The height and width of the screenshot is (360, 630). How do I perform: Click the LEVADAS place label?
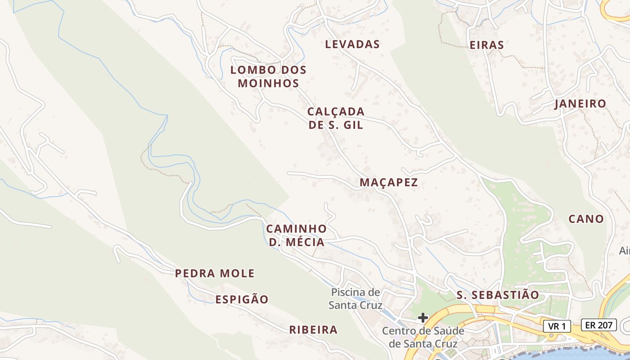tap(352, 44)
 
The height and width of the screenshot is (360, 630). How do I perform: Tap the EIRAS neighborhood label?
tap(486, 45)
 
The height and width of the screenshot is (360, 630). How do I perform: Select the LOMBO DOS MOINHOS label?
tap(268, 76)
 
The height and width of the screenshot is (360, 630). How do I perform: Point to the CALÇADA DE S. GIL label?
tap(336, 118)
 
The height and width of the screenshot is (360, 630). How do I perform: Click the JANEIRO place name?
tap(580, 103)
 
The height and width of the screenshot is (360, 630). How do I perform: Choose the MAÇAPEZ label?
tap(389, 182)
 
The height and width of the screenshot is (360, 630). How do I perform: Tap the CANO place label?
tap(586, 219)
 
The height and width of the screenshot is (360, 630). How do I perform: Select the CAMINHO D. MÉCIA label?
tap(296, 235)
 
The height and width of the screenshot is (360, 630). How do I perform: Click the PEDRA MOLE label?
tap(215, 273)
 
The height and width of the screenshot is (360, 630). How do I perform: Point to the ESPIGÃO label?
tap(242, 300)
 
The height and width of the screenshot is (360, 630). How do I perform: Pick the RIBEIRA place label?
tap(313, 330)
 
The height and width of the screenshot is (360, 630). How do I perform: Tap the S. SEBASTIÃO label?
tap(498, 295)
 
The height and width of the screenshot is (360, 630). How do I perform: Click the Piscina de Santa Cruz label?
tap(355, 299)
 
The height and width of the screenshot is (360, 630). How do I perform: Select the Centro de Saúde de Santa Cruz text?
tap(423, 337)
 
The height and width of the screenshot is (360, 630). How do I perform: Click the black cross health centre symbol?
tap(423, 318)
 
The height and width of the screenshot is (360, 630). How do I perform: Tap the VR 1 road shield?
tap(557, 326)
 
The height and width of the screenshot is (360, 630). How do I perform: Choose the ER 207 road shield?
tap(598, 325)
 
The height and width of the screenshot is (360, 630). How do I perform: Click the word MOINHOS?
tap(268, 83)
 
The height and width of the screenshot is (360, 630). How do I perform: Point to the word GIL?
tap(353, 125)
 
